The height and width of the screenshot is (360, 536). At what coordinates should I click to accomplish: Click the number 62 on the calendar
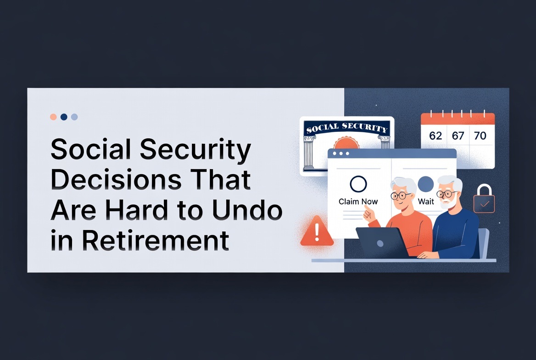click(435, 136)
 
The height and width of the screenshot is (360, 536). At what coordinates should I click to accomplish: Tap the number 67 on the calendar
click(458, 136)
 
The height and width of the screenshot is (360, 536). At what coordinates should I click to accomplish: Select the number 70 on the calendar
click(480, 136)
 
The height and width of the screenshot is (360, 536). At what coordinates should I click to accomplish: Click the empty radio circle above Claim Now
click(358, 184)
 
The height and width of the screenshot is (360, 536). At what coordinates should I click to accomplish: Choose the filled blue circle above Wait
click(426, 184)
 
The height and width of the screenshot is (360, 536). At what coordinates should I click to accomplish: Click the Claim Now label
click(358, 202)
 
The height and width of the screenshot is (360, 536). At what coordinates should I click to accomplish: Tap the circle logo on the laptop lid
click(380, 243)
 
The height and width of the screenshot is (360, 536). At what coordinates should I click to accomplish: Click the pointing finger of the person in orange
click(367, 212)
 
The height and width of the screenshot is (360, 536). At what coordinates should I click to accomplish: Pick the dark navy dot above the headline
click(64, 117)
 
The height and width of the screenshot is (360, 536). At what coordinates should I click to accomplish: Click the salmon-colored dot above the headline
click(53, 117)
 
